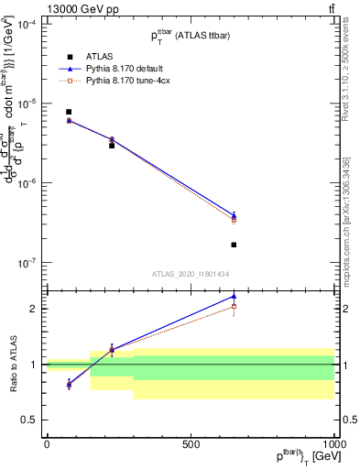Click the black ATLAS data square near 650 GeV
click(234, 245)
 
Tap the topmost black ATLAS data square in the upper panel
click(69, 112)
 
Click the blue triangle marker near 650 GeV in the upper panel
click(234, 215)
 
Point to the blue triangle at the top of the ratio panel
click(234, 296)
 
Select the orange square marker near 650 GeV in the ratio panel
click(234, 307)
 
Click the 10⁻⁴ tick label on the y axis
click(26, 24)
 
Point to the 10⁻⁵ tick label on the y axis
click(26, 104)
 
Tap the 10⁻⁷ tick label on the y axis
click(26, 263)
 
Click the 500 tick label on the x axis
click(191, 443)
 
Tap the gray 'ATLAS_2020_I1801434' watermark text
click(190, 274)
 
